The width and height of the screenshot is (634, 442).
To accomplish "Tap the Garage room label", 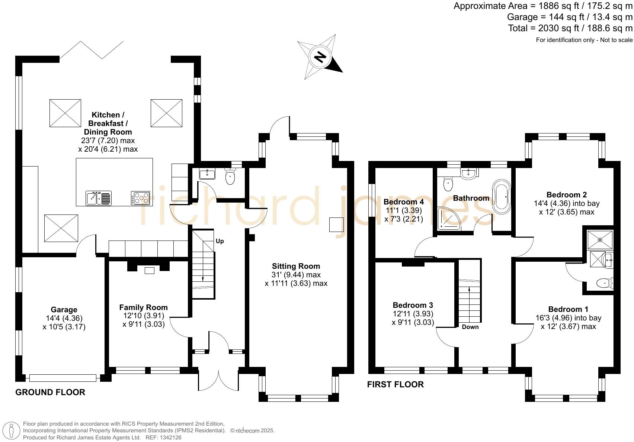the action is tap(64, 310).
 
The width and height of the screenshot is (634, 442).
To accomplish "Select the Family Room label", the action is tap(144, 307).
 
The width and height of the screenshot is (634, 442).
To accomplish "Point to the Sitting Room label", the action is tap(296, 266).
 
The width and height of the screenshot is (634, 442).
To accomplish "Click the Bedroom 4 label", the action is tap(404, 201).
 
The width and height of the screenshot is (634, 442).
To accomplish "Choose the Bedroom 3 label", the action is tap(413, 305).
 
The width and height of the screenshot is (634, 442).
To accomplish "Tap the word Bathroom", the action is tap(471, 198).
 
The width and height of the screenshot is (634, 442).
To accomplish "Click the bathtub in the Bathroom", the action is tap(502, 196).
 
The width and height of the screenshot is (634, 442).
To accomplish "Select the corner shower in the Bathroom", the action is tap(449, 219).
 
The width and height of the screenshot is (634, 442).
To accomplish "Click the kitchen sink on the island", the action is tap(99, 198).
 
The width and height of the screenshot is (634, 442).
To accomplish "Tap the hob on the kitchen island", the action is tap(140, 198).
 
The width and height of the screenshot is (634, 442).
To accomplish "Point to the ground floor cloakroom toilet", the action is tap(230, 176).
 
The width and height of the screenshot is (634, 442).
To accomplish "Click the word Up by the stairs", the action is tap(220, 241).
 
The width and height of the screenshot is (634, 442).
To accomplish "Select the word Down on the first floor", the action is tap(470, 327).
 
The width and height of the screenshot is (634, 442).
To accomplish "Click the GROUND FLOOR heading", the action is tap(50, 392).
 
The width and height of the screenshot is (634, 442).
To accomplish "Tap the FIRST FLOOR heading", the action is tap(396, 384).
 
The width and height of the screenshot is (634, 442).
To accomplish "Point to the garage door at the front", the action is tap(63, 378).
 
